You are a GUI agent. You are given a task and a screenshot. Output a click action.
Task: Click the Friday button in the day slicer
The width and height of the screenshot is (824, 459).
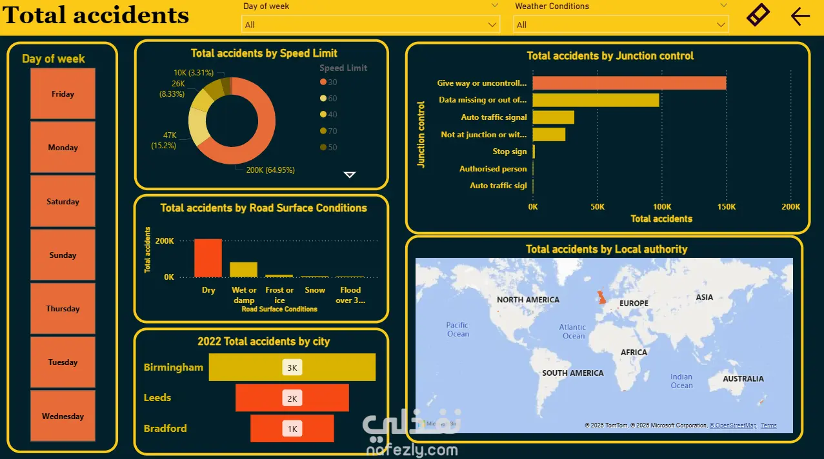[x=63, y=94]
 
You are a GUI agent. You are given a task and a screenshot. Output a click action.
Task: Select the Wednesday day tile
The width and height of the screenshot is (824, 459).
[x=63, y=416]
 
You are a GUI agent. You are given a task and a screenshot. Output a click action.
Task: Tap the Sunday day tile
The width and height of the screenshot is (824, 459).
[x=63, y=255]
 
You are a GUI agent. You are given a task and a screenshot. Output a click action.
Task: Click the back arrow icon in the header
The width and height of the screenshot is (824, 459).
[x=799, y=16]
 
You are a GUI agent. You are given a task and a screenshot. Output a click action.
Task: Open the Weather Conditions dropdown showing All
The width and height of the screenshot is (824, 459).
[x=621, y=25]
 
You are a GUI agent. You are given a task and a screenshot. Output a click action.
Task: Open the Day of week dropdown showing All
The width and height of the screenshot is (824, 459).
[x=370, y=25]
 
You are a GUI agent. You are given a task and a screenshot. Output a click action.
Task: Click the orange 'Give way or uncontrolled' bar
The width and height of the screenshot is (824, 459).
[x=629, y=83]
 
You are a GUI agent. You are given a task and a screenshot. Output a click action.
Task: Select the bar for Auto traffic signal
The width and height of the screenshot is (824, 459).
[x=553, y=117]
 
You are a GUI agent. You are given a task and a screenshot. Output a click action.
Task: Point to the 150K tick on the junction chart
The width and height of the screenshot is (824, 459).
[x=726, y=207]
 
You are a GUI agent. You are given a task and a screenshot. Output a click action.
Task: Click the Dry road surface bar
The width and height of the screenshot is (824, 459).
[x=208, y=258]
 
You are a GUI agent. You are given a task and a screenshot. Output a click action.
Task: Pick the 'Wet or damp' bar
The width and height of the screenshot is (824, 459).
[x=243, y=269]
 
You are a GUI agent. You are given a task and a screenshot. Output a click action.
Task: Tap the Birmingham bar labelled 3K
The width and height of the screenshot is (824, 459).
[x=292, y=367]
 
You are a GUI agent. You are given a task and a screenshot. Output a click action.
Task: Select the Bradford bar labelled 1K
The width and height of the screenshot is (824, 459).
[x=292, y=429]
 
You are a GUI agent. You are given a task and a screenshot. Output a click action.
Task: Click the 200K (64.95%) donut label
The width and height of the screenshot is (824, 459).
[x=270, y=170]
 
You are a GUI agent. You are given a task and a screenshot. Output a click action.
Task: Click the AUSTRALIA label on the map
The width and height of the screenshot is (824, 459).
[x=743, y=379]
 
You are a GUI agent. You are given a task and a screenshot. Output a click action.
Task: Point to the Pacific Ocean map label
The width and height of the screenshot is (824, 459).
[x=457, y=329]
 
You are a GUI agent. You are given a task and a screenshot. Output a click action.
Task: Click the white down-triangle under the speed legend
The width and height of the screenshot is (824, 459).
[x=350, y=175]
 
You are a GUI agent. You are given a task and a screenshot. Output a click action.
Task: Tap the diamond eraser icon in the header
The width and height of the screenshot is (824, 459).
[x=758, y=15]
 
